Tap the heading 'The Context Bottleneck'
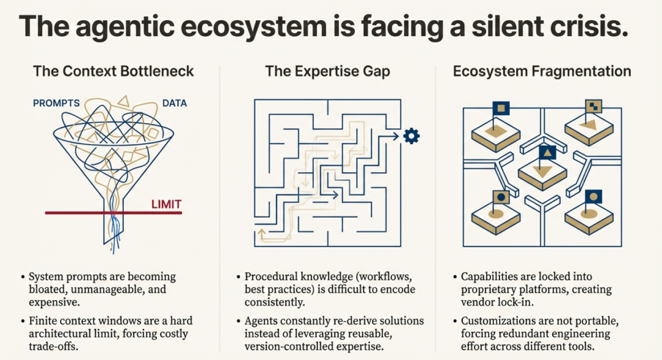[113, 71]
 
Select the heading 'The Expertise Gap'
[327, 71]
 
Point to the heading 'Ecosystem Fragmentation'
[542, 71]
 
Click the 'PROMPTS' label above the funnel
[56, 103]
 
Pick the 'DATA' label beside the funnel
[175, 103]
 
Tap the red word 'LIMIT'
[166, 204]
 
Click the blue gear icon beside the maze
[411, 136]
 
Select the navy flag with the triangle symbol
[547, 153]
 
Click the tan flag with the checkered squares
[593, 105]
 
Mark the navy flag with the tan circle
[593, 196]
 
